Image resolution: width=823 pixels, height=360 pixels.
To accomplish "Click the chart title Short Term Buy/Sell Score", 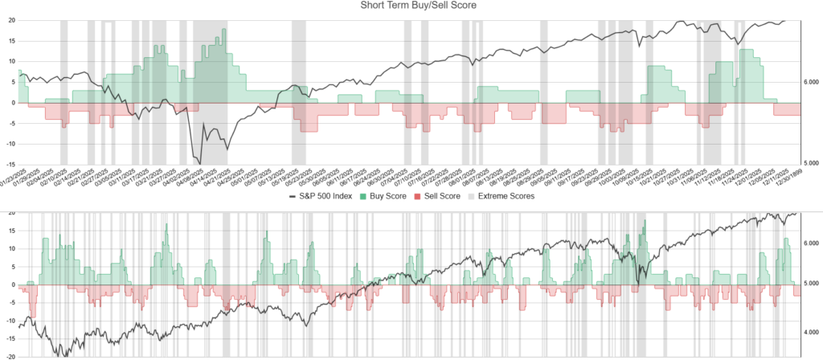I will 411,6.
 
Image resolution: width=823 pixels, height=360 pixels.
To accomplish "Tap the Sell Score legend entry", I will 444,196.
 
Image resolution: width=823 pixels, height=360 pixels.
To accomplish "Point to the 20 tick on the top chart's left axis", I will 11,19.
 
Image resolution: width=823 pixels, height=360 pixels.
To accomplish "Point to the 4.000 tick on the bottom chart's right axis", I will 808,331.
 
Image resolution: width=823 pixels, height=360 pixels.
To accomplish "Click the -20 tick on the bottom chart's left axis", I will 10,357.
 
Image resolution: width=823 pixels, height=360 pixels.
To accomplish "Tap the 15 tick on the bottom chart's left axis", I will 11,230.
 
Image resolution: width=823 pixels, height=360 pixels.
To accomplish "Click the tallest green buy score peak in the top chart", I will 223,29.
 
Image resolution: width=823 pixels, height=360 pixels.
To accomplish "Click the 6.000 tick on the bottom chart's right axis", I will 808,242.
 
